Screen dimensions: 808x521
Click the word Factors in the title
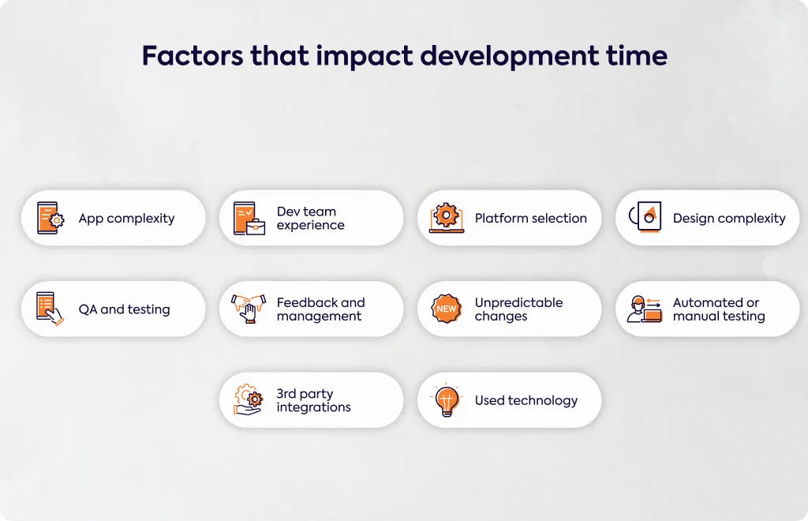(193, 56)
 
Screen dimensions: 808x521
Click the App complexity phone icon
(50, 218)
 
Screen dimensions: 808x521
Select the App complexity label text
(127, 219)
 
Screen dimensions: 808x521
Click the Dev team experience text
(310, 218)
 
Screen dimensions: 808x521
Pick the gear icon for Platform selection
(447, 217)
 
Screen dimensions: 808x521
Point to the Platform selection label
(531, 218)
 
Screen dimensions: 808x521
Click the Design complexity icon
(645, 217)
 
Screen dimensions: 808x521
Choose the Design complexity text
(729, 219)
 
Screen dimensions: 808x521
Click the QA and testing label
(124, 309)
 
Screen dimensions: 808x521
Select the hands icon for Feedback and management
(249, 309)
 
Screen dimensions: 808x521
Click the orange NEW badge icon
(447, 309)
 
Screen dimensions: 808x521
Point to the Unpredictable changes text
(518, 309)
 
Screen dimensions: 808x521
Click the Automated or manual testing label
(719, 309)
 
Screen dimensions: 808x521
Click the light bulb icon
(447, 400)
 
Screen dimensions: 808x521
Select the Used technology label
(526, 400)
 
